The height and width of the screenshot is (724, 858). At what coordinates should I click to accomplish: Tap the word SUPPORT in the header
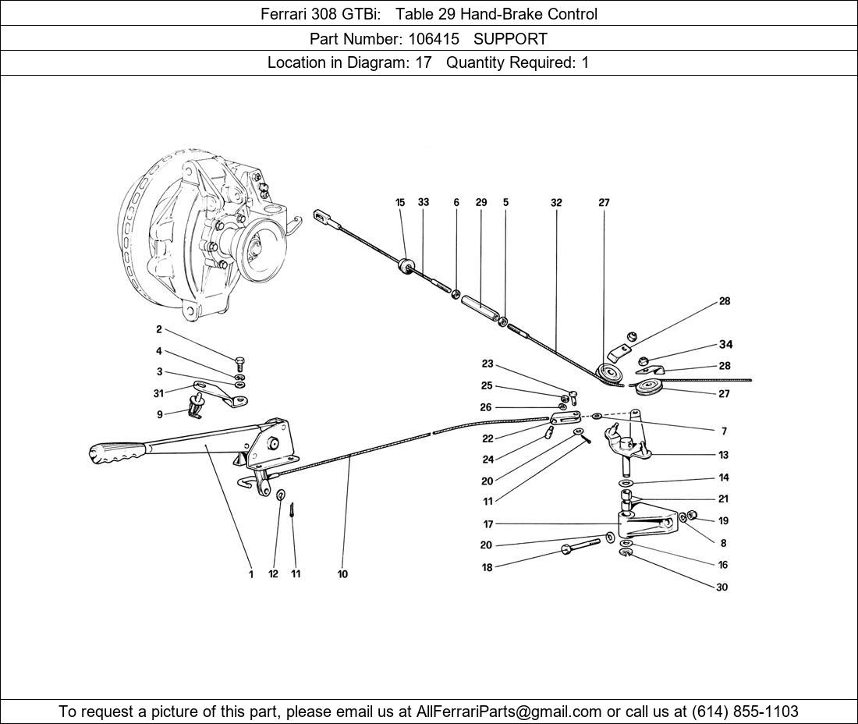tap(510, 38)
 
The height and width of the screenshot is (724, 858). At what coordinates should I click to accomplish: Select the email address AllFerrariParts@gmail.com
tap(509, 712)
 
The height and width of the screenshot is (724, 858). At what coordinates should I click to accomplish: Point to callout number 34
tap(725, 345)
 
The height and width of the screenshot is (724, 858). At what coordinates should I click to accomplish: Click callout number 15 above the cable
tap(400, 203)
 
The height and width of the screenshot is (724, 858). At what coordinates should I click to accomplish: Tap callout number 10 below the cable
tap(342, 575)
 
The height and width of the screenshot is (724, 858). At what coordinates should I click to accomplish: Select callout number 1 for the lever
tap(251, 575)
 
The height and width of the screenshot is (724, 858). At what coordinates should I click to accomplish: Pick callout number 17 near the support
tap(487, 524)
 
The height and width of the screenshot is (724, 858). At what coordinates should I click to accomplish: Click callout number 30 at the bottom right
tap(721, 587)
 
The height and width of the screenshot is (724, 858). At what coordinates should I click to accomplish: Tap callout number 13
tap(724, 455)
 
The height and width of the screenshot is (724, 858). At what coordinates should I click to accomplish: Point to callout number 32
tap(555, 203)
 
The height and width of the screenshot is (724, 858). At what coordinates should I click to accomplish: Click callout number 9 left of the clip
tap(159, 415)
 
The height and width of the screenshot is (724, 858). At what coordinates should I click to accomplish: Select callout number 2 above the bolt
tap(159, 330)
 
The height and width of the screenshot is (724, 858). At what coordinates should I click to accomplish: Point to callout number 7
tap(724, 431)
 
